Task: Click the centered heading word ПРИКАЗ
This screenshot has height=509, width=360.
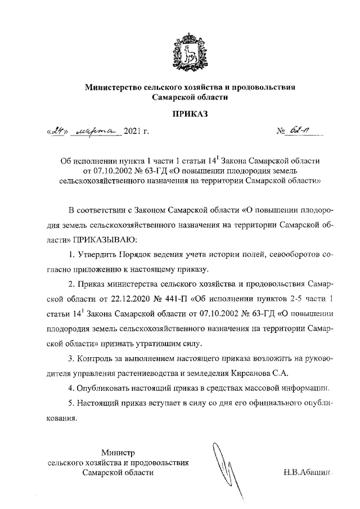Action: coord(190,114)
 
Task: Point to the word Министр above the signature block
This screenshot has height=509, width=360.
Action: coord(118,452)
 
